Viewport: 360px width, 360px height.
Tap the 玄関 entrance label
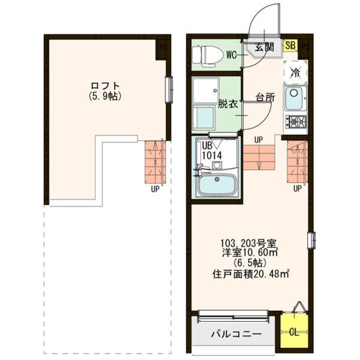click(x=265, y=47)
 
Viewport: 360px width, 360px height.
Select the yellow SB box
click(x=290, y=45)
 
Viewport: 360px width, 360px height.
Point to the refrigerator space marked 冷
click(x=295, y=72)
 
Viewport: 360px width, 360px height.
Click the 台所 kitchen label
click(x=265, y=98)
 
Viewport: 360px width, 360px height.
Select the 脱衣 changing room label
click(x=227, y=104)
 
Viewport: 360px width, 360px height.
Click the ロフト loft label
click(x=105, y=86)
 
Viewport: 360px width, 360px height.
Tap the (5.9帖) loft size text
click(x=105, y=96)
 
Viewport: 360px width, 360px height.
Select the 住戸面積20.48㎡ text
click(x=250, y=274)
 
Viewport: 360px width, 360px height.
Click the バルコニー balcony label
click(x=236, y=334)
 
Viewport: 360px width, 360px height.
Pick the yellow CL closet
click(x=294, y=331)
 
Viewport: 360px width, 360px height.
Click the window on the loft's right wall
click(x=169, y=90)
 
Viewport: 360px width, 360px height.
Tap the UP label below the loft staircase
click(x=155, y=189)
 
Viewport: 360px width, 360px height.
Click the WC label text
click(x=231, y=55)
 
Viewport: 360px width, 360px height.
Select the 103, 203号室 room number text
click(x=250, y=242)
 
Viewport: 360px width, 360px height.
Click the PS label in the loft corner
click(x=163, y=48)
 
